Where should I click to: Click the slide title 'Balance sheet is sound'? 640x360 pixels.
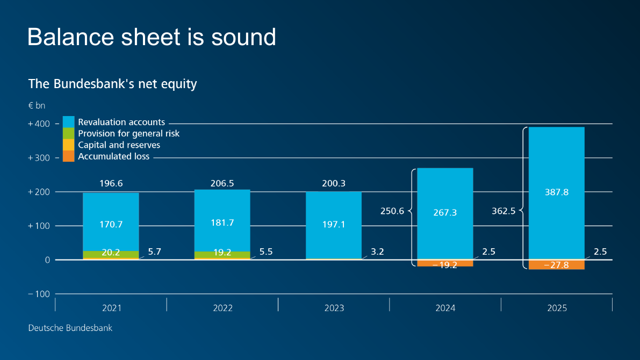pos(152,37)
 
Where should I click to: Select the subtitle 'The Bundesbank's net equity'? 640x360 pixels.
pos(112,84)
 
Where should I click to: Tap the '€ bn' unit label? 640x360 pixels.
pos(37,106)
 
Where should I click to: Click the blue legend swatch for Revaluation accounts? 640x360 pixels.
pos(68,121)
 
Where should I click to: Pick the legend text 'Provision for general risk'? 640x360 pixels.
pos(128,133)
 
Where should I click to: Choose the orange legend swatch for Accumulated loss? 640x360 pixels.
pos(68,156)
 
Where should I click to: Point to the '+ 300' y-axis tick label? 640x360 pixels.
pos(39,158)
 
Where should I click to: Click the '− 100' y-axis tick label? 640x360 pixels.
pos(39,294)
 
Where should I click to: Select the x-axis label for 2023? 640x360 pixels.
pos(334,308)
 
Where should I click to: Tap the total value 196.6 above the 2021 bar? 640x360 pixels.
pos(111,183)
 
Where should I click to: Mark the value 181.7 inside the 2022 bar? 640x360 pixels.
pos(222,222)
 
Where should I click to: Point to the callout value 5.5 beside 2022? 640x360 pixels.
pos(266,251)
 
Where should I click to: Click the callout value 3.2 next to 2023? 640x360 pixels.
pos(377,251)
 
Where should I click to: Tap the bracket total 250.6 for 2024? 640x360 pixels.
pos(392,211)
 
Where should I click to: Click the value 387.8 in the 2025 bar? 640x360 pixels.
pos(556,192)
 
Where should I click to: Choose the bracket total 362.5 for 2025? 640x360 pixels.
pos(503,211)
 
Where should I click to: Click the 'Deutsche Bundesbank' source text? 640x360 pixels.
pos(70,328)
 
